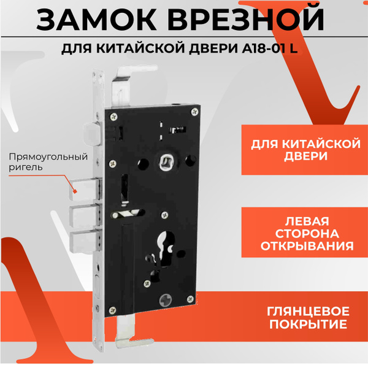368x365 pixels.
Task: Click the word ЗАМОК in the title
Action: pyautogui.click(x=96, y=19)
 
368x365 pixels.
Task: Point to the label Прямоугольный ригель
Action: pyautogui.click(x=48, y=162)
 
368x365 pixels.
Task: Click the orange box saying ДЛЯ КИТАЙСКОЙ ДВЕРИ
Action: pyautogui.click(x=305, y=150)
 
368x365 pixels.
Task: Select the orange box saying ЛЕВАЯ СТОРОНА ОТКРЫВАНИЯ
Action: pyautogui.click(x=305, y=232)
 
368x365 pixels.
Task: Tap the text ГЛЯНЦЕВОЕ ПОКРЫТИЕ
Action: pyautogui.click(x=308, y=318)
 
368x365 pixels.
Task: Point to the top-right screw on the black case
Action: pyautogui.click(x=194, y=112)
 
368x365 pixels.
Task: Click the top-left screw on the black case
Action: pyautogui.click(x=114, y=116)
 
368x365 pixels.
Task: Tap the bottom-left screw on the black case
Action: pyautogui.click(x=113, y=310)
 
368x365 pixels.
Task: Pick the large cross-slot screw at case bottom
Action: pyautogui.click(x=166, y=299)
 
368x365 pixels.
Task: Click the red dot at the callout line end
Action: pyautogui.click(x=75, y=191)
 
